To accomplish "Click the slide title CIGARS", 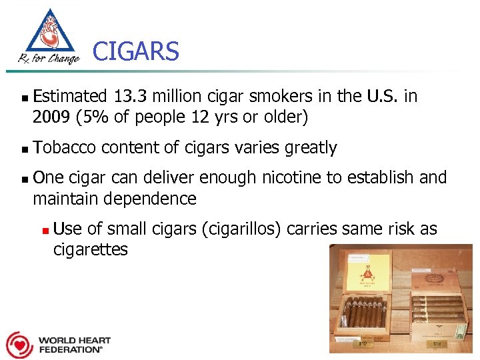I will coord(136,51).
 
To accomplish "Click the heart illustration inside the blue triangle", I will coord(48,34).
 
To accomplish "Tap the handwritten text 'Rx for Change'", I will coord(49,59).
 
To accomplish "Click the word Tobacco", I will coord(64,147).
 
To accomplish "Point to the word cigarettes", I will coord(90,250).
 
